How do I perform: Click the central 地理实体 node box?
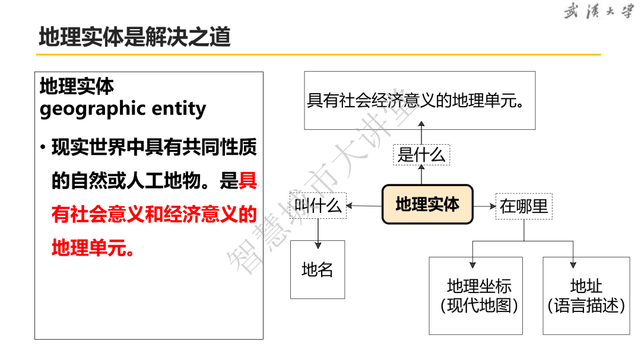[427, 205]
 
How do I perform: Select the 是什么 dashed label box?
[421, 155]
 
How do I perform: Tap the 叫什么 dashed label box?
[319, 206]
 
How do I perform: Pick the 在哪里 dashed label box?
[523, 206]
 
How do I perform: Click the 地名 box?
[318, 269]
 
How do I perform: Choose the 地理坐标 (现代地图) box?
[476, 295]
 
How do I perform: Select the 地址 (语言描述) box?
[586, 295]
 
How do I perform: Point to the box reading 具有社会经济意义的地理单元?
[420, 100]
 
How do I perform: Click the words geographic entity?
[123, 109]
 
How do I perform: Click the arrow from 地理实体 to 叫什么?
[363, 206]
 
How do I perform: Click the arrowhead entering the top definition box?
[421, 123]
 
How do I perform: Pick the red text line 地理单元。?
[93, 248]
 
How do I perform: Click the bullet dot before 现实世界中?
[43, 147]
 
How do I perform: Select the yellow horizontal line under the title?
[318, 55]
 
